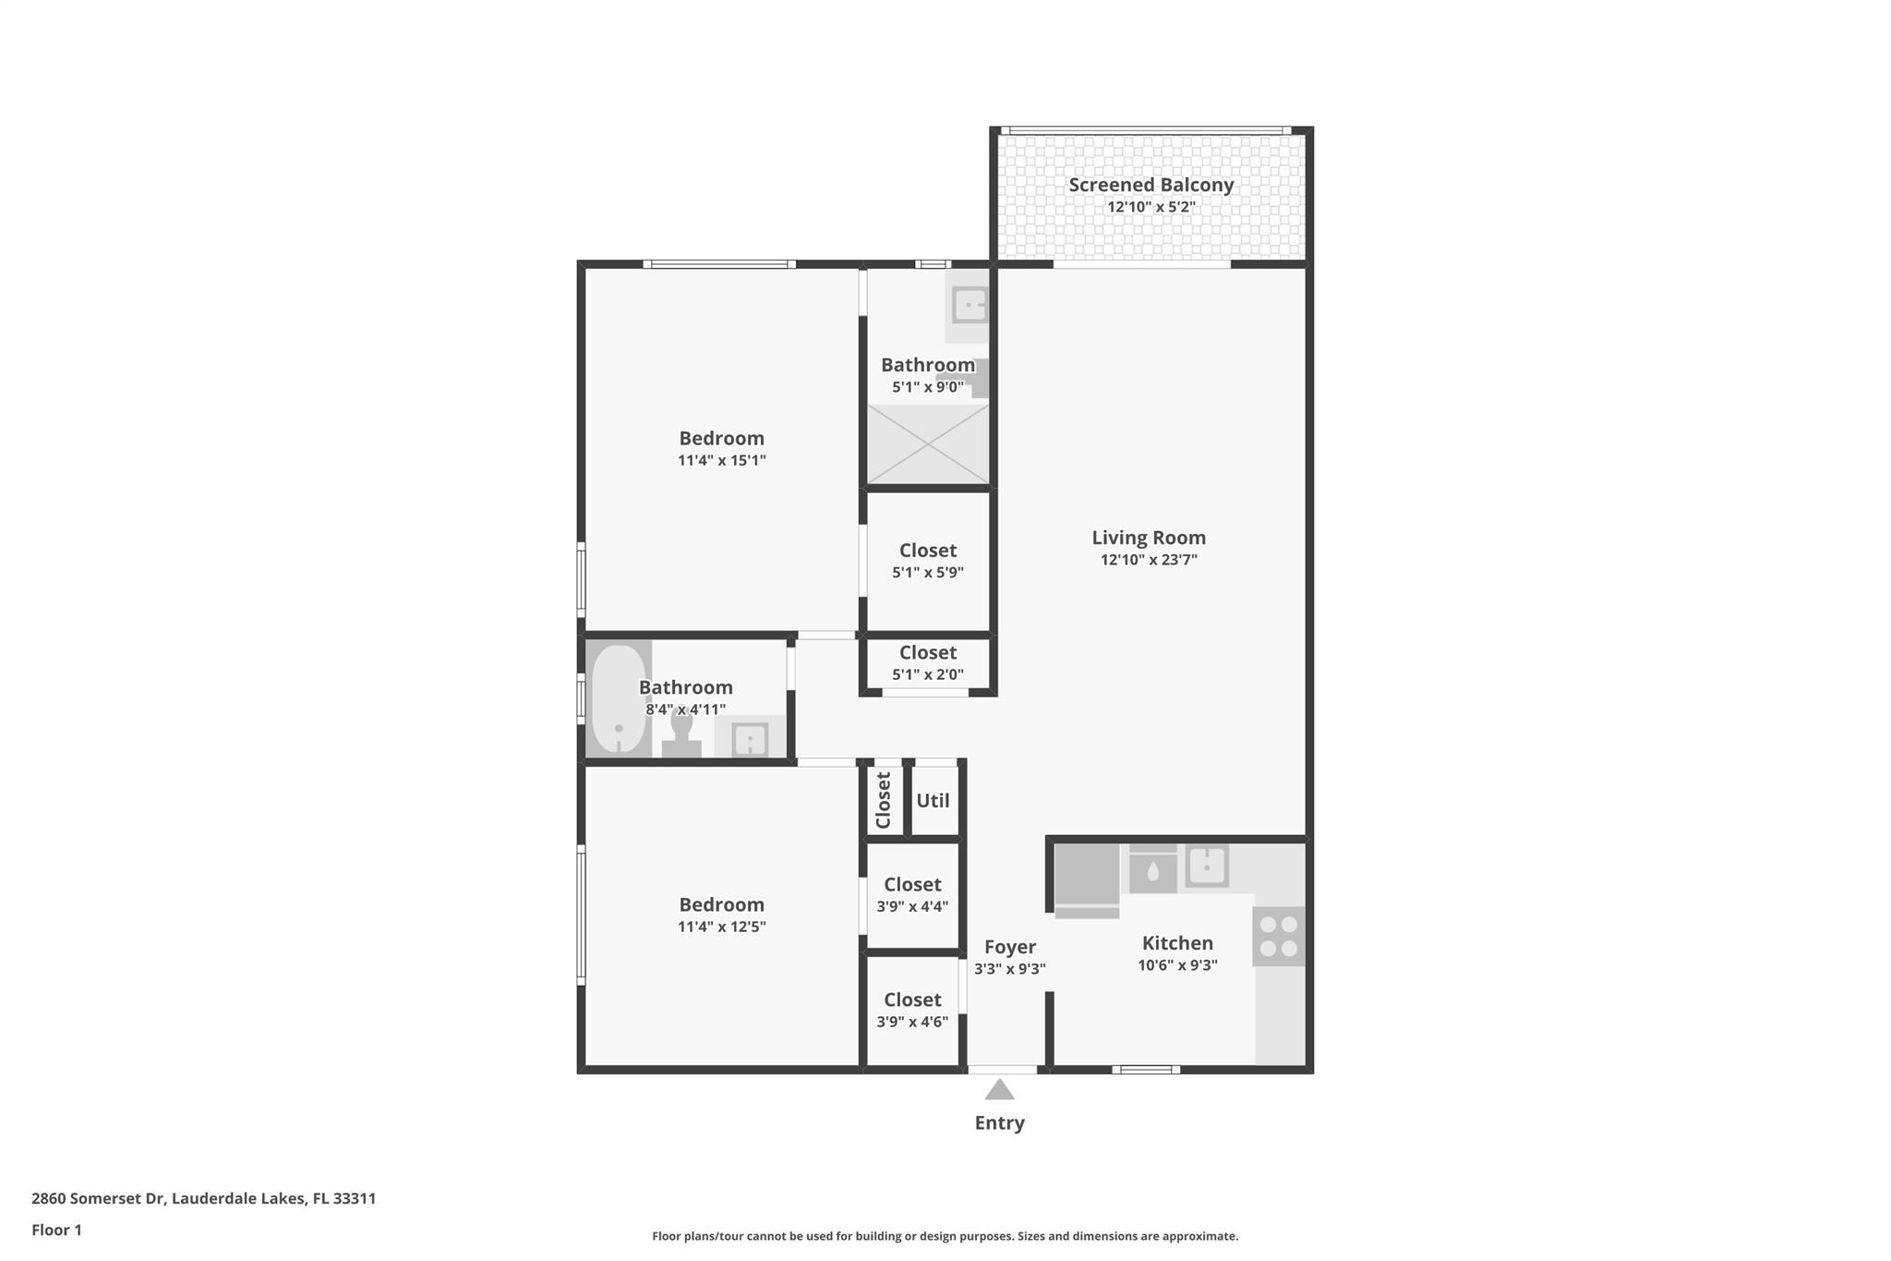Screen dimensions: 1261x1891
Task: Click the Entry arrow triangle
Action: (999, 1090)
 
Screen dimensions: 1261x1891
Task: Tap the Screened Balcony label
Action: (1150, 185)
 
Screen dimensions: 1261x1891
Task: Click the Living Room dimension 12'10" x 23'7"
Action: (1149, 560)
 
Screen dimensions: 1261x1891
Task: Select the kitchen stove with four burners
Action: (1279, 936)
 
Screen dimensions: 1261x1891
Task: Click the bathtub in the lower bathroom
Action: (618, 698)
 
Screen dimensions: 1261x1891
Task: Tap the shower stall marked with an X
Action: (927, 444)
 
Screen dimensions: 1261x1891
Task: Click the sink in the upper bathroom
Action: (970, 304)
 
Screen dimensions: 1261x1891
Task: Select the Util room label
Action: (933, 801)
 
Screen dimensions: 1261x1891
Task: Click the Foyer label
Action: (1009, 947)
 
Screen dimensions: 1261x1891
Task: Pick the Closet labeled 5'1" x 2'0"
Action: (927, 662)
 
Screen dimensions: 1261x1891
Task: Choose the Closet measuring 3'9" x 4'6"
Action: (912, 1010)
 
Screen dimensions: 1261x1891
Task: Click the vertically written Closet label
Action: (884, 800)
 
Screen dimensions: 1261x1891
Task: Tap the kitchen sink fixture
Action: (1206, 867)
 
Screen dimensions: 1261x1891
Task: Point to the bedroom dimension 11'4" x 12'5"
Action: (721, 927)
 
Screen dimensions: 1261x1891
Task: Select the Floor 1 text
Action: (56, 1230)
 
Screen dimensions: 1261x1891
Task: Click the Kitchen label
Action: (1177, 943)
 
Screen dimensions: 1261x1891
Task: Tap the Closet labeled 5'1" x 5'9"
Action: (927, 560)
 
